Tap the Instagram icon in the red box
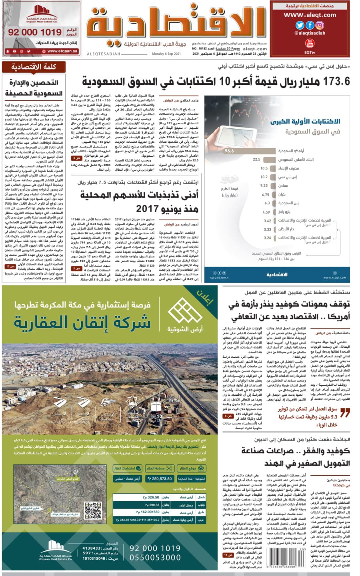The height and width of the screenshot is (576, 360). (320, 25)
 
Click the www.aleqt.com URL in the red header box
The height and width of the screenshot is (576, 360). (310, 15)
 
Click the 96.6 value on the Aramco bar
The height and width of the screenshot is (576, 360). (229, 151)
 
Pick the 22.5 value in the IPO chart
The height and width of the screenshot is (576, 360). (256, 159)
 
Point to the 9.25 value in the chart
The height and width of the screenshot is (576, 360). (264, 185)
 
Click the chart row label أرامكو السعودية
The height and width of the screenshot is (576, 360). (291, 151)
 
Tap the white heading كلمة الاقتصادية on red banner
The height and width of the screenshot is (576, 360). (34, 67)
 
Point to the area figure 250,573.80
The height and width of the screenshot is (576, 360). (162, 478)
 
